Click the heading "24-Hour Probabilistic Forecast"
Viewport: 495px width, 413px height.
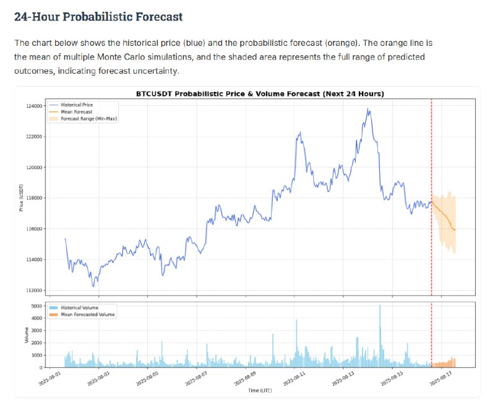click(x=98, y=17)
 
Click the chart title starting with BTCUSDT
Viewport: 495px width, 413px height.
click(x=260, y=93)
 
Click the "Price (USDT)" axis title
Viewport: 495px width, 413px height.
click(x=21, y=198)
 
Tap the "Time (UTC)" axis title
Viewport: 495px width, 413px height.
click(x=260, y=391)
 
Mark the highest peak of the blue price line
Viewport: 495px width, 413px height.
click(x=369, y=110)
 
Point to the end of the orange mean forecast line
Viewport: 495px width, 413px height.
click(x=455, y=230)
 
